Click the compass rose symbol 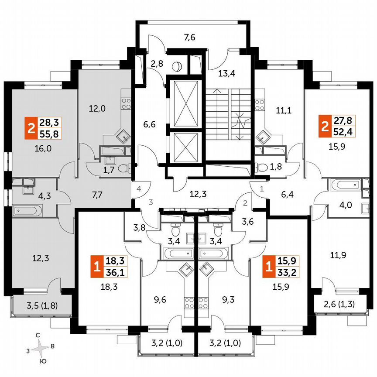pos(41,348)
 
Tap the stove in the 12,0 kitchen pos(126,103)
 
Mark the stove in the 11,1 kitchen pos(260,103)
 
